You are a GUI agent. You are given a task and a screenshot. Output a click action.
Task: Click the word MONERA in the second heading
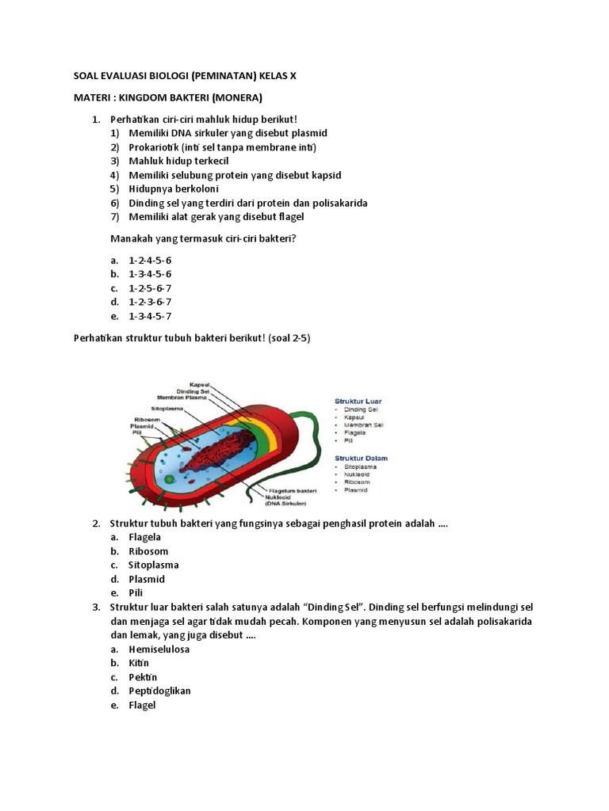[232, 97]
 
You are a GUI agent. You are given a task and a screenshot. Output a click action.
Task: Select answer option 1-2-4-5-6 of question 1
[150, 260]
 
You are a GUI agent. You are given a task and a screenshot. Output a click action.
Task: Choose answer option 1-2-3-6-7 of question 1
[150, 302]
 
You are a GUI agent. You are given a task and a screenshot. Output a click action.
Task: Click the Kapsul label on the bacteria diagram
[198, 383]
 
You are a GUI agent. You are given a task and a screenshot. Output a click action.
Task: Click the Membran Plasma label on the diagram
[182, 397]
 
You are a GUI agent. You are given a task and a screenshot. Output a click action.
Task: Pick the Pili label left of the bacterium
[136, 432]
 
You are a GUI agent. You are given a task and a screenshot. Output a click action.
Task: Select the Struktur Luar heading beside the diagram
[358, 402]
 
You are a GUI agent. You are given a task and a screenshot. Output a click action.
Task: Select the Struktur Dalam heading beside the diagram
[361, 458]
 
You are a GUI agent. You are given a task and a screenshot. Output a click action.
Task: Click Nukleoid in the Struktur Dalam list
[358, 474]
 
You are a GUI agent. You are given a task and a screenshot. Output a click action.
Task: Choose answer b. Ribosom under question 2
[148, 551]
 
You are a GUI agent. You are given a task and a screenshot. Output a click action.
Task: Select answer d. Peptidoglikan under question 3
[159, 691]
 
